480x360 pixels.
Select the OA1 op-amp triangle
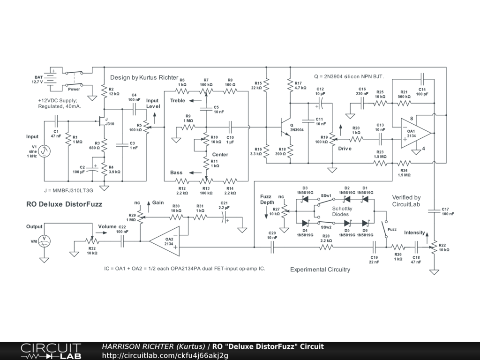tap(416, 133)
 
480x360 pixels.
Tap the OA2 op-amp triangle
tap(165, 241)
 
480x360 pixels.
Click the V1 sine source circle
tap(45, 151)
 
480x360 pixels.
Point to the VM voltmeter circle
tap(45, 241)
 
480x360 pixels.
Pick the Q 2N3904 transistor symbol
tap(285, 127)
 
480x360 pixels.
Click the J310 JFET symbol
tap(102, 121)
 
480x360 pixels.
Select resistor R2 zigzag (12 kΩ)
tap(104, 91)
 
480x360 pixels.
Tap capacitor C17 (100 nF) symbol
tap(434, 211)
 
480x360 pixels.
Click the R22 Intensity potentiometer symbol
tap(434, 247)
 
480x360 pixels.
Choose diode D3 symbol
tap(305, 199)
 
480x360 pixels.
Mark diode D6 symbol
tap(365, 223)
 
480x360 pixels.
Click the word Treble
tap(178, 101)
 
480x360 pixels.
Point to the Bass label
tap(176, 172)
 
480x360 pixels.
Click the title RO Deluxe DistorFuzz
tap(64, 204)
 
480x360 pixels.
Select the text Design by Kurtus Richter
tap(144, 77)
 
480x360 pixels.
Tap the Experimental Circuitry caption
tap(320, 270)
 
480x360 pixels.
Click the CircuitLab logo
tap(51, 351)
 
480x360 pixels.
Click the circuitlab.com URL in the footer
tap(165, 355)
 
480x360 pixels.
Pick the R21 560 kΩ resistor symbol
tap(404, 103)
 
